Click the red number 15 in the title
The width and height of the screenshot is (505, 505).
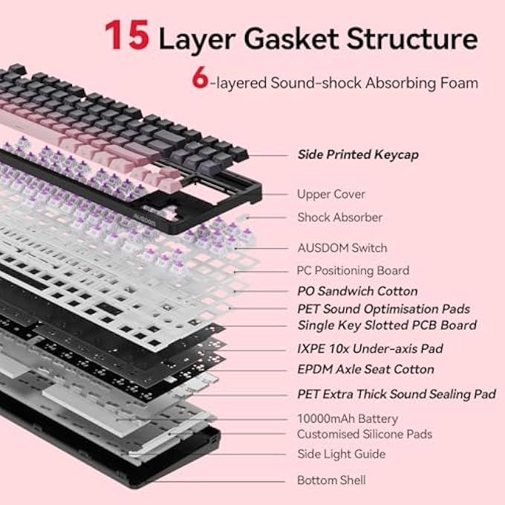click(x=127, y=34)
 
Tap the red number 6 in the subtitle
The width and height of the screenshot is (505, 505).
click(x=200, y=78)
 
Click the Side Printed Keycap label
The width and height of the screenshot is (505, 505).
click(x=358, y=154)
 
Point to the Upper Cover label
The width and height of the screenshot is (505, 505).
click(x=331, y=195)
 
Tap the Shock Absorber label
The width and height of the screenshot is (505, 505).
click(x=340, y=218)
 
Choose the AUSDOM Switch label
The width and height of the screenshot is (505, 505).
click(x=342, y=248)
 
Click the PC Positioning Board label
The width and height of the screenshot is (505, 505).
click(x=353, y=270)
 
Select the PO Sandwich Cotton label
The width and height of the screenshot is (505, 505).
click(x=357, y=291)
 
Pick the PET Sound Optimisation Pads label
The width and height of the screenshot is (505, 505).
click(x=384, y=309)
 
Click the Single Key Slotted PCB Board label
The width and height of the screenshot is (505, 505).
click(x=387, y=325)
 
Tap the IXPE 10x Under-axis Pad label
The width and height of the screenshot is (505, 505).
click(x=370, y=348)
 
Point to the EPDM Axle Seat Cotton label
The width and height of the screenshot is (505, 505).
click(x=365, y=369)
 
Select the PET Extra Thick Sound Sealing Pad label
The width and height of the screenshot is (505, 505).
click(x=397, y=394)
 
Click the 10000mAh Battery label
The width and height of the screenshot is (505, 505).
click(x=348, y=419)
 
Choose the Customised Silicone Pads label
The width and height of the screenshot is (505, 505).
click(x=365, y=434)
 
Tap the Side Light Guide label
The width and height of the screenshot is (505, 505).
click(x=342, y=454)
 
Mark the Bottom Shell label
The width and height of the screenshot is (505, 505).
click(x=331, y=480)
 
